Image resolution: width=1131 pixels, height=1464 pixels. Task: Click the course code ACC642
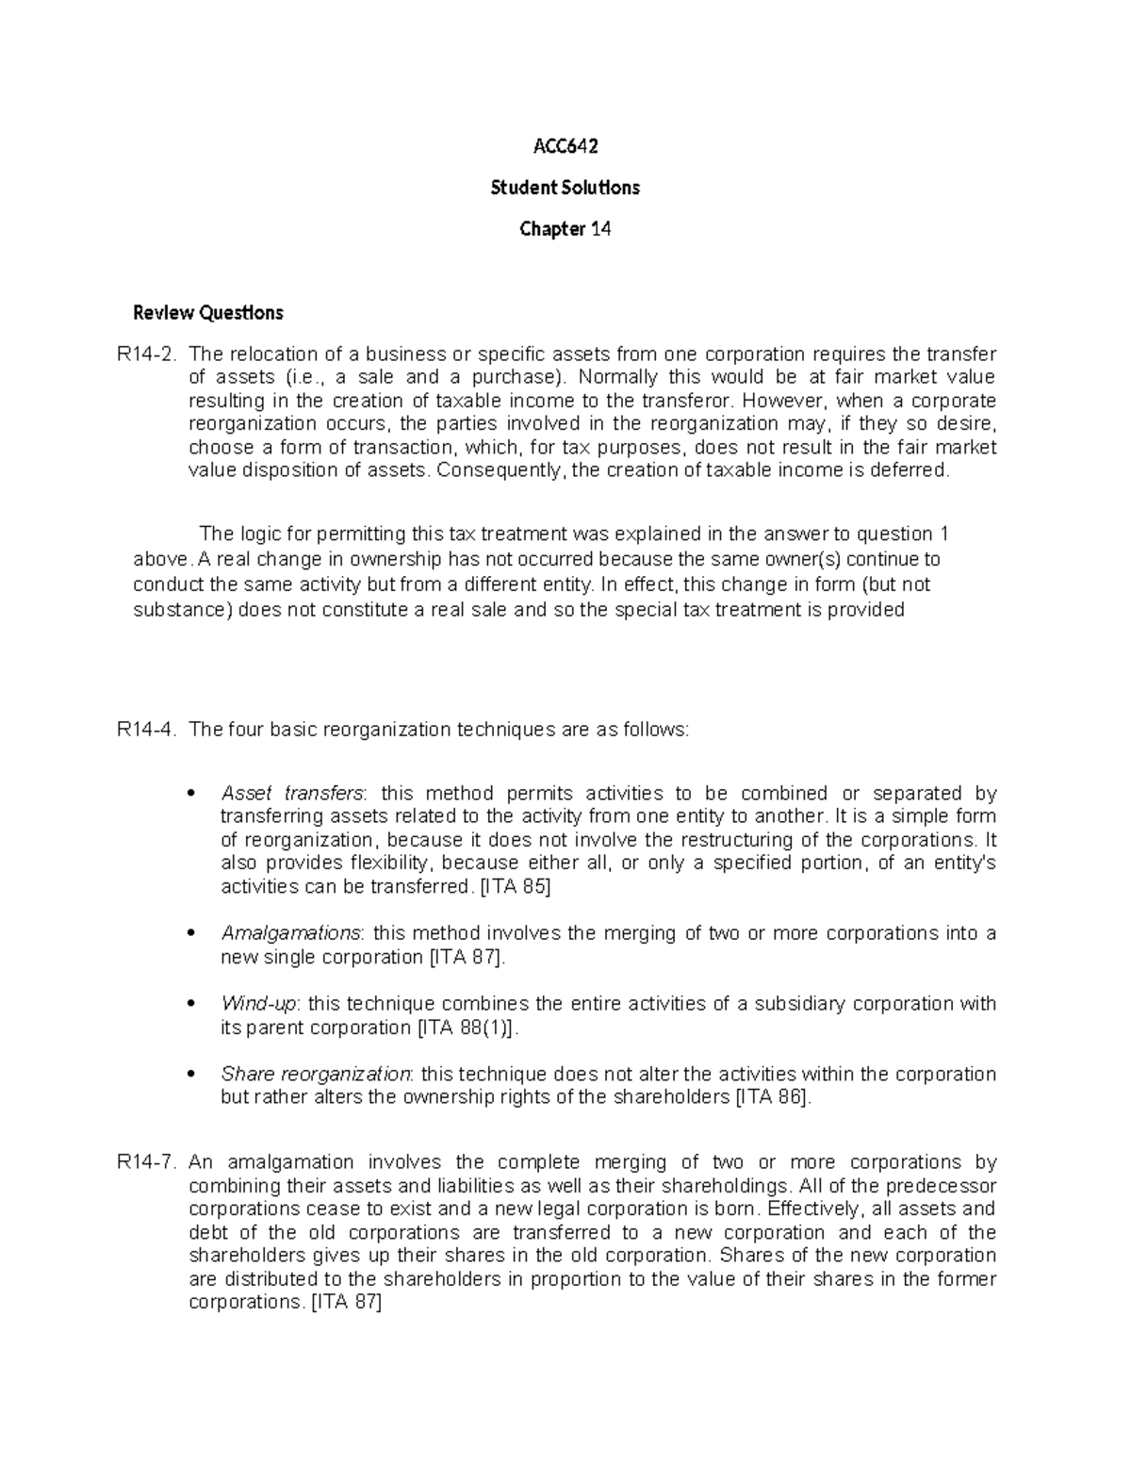click(565, 146)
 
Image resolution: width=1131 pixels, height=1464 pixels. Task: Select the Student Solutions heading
click(565, 188)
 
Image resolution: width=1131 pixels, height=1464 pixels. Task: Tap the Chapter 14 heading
click(565, 229)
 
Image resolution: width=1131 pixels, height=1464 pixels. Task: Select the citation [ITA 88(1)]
click(467, 1028)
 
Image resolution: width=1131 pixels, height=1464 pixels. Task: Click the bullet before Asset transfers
click(192, 794)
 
